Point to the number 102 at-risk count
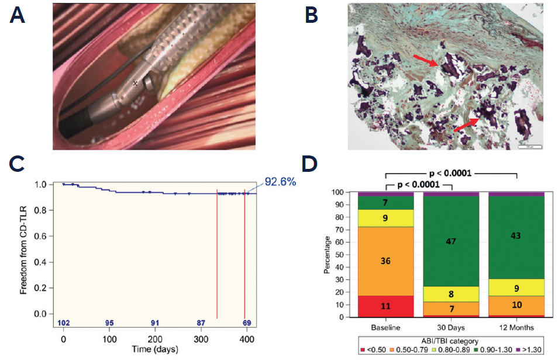point(63,323)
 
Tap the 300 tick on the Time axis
point(201,340)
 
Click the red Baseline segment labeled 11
point(385,306)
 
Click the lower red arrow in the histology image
point(467,125)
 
